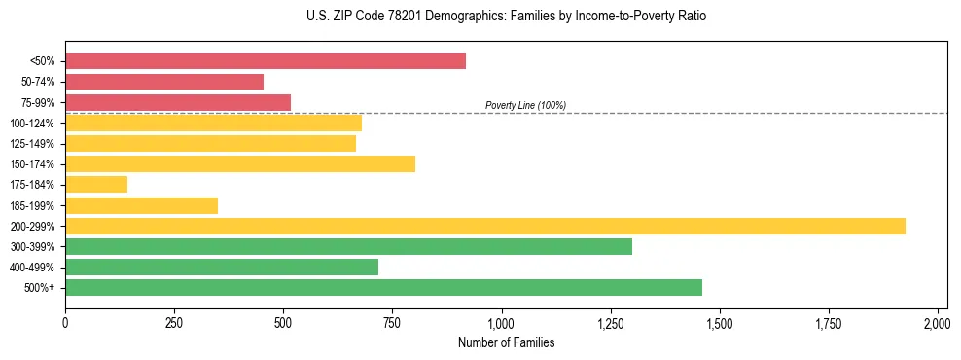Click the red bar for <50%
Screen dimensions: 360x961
[266, 61]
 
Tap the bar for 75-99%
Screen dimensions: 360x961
[178, 102]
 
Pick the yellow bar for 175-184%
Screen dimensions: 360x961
[96, 185]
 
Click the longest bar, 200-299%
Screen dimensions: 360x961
[485, 226]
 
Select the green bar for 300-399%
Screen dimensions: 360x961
[348, 246]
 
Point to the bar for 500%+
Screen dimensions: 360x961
[383, 287]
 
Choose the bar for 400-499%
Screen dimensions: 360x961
[222, 267]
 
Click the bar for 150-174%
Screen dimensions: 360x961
[240, 164]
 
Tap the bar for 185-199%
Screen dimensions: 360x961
[142, 205]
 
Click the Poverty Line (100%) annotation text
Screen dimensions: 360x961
[525, 105]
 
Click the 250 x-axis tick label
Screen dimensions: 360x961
[174, 323]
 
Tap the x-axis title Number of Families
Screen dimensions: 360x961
[506, 342]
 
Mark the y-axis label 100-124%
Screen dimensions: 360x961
[32, 124]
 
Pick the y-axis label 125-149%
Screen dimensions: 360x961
[32, 144]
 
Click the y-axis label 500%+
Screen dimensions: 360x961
[40, 288]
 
